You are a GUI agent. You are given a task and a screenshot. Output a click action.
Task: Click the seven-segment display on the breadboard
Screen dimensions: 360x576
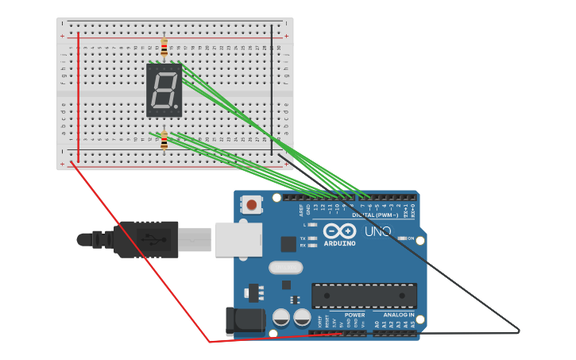(164, 90)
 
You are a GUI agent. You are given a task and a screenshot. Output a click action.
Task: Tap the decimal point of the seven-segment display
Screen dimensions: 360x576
(176, 106)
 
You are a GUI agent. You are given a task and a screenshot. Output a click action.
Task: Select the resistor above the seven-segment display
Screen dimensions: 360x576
(164, 48)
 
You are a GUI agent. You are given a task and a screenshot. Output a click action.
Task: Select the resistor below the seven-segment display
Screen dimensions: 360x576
(164, 141)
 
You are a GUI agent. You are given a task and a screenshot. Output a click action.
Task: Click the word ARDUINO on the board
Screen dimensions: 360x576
(339, 244)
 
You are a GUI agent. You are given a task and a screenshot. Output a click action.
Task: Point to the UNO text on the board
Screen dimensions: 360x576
(377, 231)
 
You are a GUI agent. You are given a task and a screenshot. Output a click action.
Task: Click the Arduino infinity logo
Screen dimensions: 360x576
(339, 230)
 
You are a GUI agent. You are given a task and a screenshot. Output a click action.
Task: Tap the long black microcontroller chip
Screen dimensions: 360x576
(364, 296)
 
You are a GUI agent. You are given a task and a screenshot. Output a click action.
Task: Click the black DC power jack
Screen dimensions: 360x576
(245, 321)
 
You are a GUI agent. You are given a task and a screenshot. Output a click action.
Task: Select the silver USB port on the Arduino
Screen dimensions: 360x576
(239, 239)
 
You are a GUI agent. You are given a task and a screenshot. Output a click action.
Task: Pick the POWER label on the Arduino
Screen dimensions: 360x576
(354, 315)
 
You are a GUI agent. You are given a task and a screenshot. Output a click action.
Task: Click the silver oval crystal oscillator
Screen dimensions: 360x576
(285, 268)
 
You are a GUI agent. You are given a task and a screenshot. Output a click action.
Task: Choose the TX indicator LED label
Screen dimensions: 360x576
(303, 238)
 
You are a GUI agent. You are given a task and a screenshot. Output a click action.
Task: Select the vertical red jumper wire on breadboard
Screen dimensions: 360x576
(78, 95)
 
